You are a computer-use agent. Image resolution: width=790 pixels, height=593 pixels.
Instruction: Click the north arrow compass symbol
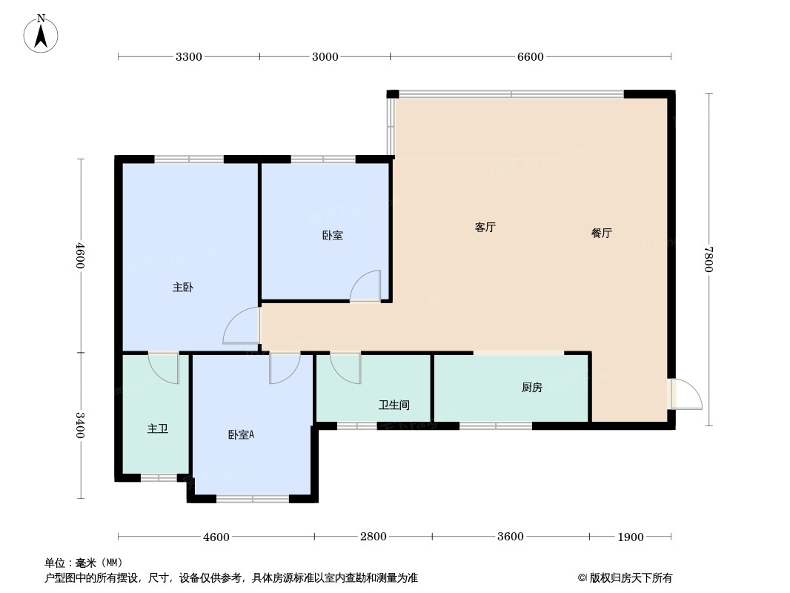[42, 33]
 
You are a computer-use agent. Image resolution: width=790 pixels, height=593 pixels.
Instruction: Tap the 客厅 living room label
[485, 228]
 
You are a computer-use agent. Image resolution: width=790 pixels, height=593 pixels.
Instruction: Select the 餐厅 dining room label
[601, 233]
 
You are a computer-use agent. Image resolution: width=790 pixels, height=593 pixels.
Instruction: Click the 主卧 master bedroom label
[182, 287]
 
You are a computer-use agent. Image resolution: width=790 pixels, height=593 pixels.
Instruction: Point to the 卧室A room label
[241, 435]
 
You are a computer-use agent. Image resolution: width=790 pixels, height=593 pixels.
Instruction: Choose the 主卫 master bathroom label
[157, 428]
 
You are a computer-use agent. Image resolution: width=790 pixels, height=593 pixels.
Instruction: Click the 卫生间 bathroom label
[394, 405]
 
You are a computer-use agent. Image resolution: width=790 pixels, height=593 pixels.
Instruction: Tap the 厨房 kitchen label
[531, 387]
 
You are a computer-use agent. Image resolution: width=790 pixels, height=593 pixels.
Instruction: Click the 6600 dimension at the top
[530, 57]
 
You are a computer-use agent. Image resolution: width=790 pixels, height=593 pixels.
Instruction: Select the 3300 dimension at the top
[188, 57]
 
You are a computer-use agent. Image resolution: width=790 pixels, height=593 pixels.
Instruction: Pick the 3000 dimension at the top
[325, 57]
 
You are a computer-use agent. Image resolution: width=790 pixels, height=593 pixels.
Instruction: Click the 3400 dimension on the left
[81, 425]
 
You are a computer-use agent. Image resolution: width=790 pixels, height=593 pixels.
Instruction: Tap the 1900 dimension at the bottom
[630, 537]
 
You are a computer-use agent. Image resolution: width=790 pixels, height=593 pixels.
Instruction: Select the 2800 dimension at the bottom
[373, 537]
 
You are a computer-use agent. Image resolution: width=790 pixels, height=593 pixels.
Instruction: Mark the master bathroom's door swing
[164, 368]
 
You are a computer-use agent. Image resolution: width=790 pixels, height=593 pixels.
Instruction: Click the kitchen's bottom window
[495, 425]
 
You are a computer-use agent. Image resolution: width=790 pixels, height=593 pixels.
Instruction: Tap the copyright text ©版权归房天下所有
[625, 578]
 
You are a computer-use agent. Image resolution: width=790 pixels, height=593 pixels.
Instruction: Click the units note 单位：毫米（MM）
[83, 563]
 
